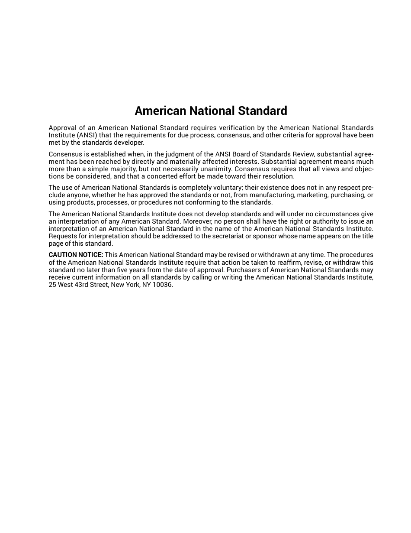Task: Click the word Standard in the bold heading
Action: coord(263,111)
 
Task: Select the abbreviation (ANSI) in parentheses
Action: coord(87,135)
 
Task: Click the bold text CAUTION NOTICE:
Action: coord(76,255)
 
